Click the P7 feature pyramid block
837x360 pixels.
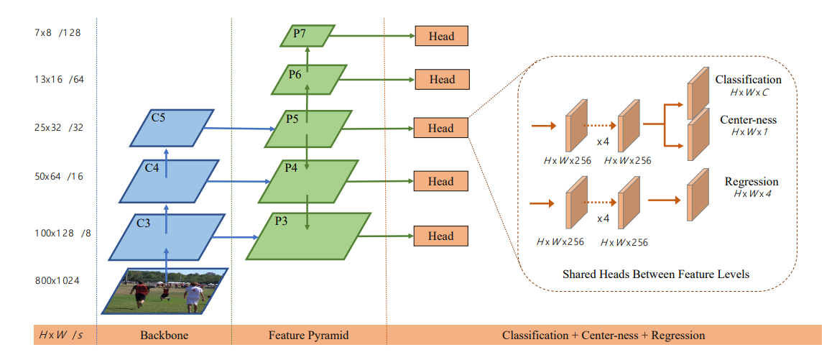point(307,35)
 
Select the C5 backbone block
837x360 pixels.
point(172,128)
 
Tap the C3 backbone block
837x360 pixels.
point(167,237)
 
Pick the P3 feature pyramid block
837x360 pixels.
point(308,236)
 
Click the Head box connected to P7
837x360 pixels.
point(441,37)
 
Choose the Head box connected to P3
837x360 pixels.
point(441,236)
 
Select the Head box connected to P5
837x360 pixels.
point(440,128)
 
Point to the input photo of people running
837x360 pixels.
point(165,290)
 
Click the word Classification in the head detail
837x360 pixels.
point(749,80)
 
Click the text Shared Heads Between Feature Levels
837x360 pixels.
point(656,274)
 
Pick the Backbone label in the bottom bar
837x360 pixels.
point(164,336)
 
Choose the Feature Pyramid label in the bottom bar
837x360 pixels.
point(308,336)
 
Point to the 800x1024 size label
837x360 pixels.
point(57,280)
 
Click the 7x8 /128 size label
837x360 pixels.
point(57,33)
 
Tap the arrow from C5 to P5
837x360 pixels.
point(239,128)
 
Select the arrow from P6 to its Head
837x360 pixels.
point(377,80)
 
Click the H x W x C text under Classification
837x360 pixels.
point(749,92)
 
